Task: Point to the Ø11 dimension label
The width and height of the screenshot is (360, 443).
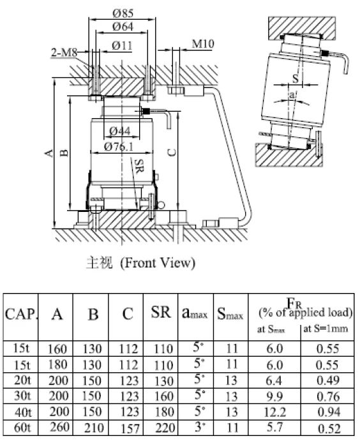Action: [x=121, y=46]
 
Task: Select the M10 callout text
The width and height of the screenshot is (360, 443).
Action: [x=202, y=45]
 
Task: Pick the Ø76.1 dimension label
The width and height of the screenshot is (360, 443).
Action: [x=119, y=147]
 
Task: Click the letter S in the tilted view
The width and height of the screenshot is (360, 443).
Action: [x=295, y=77]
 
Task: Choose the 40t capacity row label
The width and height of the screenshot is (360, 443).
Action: [x=22, y=414]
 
